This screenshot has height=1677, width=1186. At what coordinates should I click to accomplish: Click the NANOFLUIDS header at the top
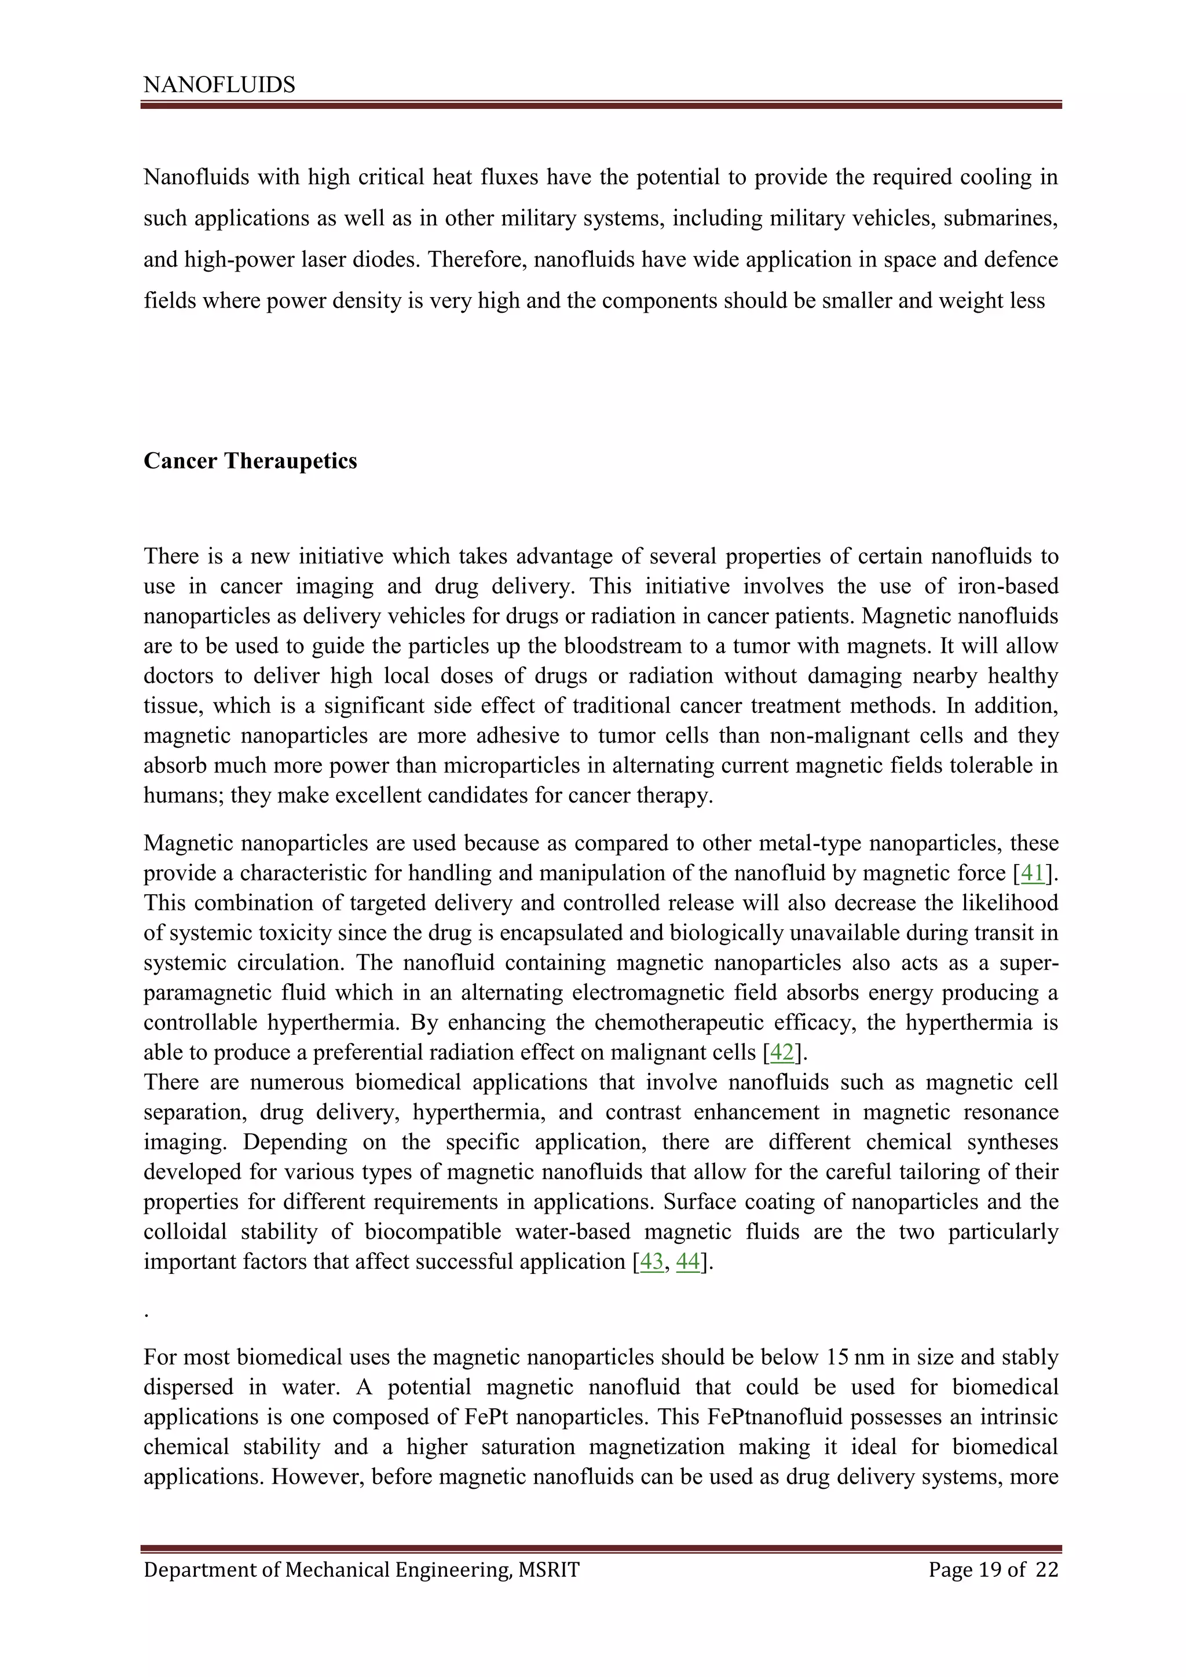[219, 86]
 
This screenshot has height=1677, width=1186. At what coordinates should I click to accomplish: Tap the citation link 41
[1032, 874]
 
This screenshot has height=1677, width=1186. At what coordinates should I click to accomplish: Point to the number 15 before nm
[837, 1357]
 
